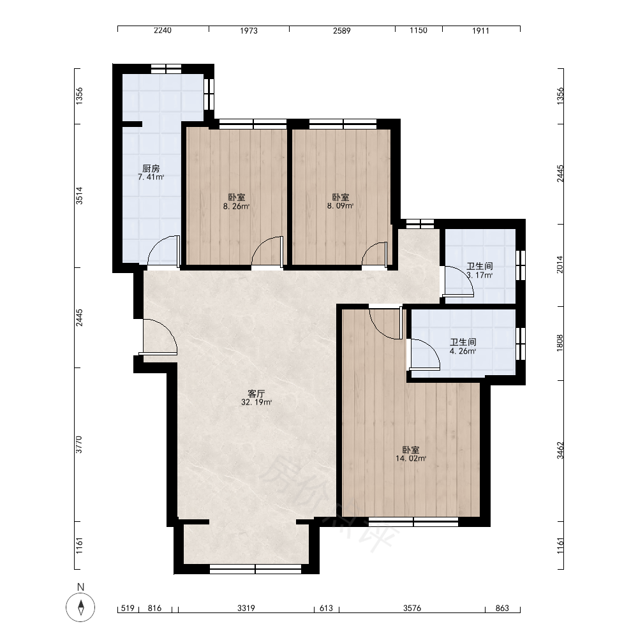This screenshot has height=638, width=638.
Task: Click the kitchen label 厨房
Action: click(151, 168)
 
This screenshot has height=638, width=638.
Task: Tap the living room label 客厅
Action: click(256, 394)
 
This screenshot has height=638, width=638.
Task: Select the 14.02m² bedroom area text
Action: click(411, 459)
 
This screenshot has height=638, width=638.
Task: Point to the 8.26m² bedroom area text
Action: click(236, 206)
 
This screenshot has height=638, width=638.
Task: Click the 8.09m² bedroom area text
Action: click(340, 206)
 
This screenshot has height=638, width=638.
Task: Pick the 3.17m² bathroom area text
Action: click(480, 275)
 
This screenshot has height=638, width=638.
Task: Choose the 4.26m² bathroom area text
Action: click(463, 351)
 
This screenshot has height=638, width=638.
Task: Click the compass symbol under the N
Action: click(80, 607)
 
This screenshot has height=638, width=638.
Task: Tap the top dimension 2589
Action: click(342, 31)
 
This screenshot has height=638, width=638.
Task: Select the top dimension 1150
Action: click(419, 31)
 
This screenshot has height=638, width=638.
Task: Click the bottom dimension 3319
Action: click(246, 608)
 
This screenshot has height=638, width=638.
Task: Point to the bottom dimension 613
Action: click(326, 608)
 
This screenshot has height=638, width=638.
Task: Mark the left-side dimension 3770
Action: click(79, 444)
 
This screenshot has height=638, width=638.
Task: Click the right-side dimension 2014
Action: click(560, 264)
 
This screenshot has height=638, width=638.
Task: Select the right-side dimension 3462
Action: click(560, 450)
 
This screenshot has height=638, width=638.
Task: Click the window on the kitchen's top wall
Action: click(166, 69)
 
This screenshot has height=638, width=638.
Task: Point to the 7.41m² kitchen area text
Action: click(151, 177)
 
